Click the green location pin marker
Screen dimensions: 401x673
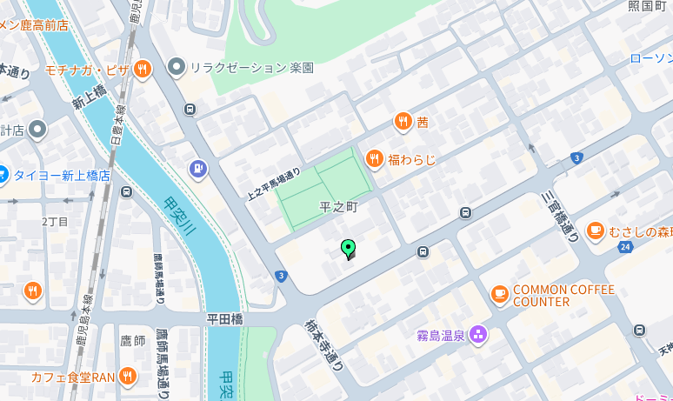pos(349,249)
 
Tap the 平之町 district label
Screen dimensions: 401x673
pos(338,208)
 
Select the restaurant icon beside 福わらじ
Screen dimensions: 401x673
pos(374,158)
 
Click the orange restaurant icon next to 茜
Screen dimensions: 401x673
pos(402,122)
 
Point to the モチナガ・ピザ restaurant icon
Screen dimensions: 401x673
pos(143,68)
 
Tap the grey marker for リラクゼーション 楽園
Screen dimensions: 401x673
pos(177,66)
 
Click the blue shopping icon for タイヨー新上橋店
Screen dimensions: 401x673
pos(3,175)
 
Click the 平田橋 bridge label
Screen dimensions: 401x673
pos(224,319)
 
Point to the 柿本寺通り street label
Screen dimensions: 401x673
pos(323,344)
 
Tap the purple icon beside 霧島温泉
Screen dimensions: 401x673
pos(477,334)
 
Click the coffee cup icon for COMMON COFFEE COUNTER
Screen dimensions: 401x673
pos(499,294)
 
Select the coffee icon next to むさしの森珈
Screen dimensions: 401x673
pos(595,231)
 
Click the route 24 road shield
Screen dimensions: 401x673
pos(624,247)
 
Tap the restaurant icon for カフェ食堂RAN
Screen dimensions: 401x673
pos(128,377)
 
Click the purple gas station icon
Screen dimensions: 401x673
pos(198,167)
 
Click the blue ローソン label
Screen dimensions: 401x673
pos(650,58)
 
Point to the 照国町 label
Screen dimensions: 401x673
pos(647,7)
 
